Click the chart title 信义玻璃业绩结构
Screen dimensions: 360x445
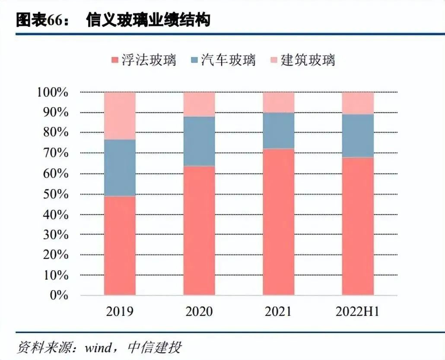point(148,19)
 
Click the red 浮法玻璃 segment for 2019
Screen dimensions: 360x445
point(120,245)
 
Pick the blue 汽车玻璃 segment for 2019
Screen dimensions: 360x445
point(120,167)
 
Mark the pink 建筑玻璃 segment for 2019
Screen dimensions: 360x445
point(120,116)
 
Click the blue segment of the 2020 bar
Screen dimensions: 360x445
point(199,141)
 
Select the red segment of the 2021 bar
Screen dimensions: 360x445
point(279,222)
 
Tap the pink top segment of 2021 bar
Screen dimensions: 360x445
point(279,102)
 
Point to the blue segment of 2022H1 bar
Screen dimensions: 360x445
point(358,136)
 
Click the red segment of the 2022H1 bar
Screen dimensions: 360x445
point(358,226)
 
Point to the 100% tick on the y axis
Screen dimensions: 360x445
point(56,92)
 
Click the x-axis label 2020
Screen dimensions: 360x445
point(199,311)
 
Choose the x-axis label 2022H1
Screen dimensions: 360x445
point(357,311)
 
